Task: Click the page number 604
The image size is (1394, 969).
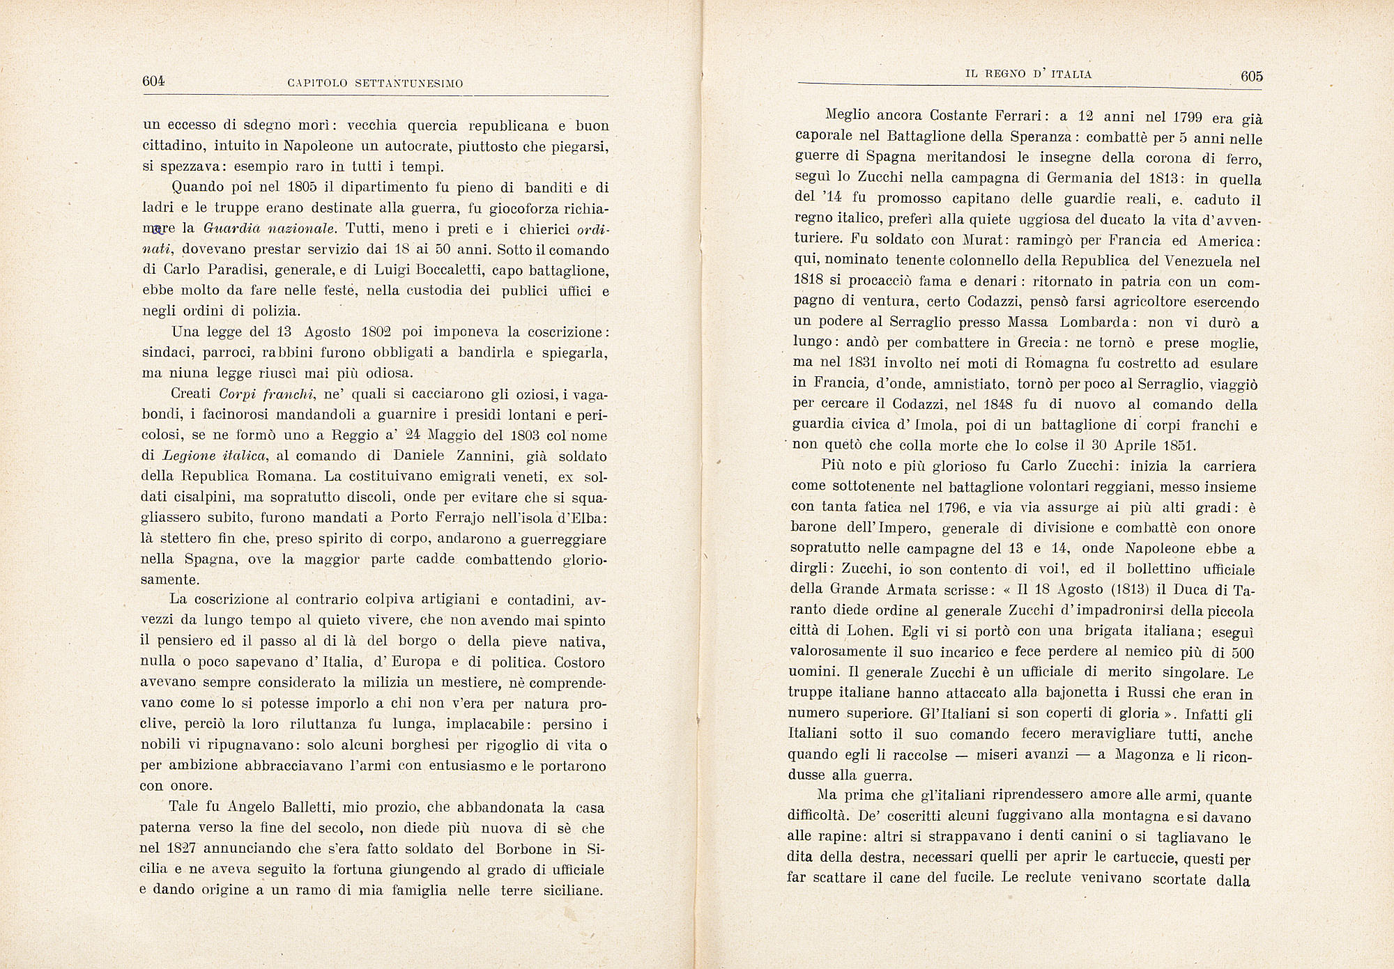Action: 153,81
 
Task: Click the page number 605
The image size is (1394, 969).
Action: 1251,77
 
